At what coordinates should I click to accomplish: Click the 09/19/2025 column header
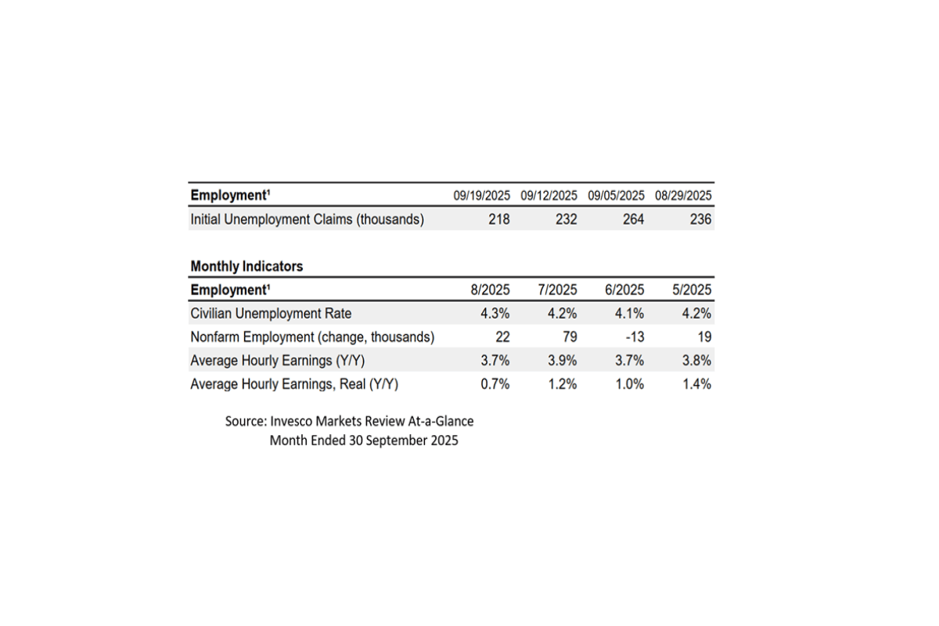(x=481, y=196)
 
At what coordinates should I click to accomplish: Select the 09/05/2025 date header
(x=616, y=196)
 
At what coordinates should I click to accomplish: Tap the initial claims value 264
(x=633, y=220)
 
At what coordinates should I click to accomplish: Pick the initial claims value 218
(x=498, y=220)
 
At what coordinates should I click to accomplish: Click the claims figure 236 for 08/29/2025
(x=701, y=220)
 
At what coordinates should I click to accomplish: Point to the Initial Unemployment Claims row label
(x=307, y=220)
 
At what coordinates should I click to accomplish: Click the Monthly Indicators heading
(x=246, y=266)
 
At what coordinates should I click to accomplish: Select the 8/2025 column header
(x=490, y=290)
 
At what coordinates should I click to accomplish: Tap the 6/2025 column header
(x=624, y=290)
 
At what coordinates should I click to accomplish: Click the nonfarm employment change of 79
(x=569, y=337)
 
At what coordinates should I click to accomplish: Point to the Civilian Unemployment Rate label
(x=271, y=314)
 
